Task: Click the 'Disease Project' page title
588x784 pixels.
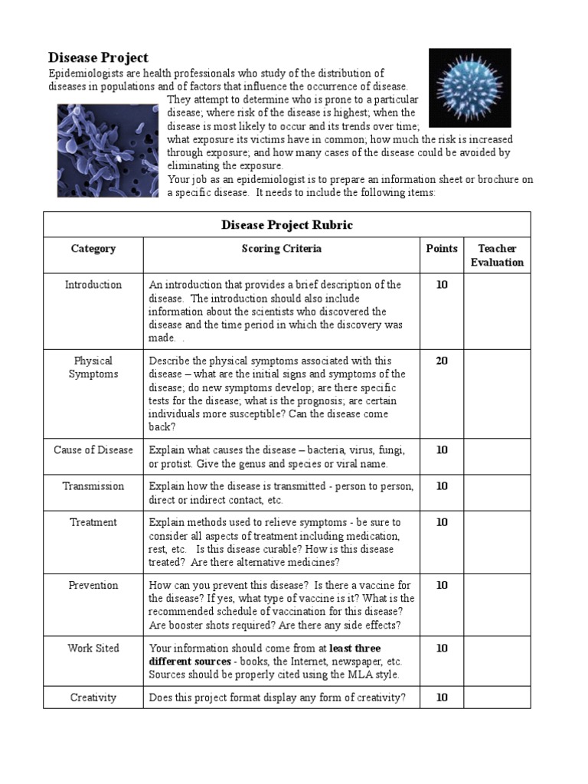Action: click(98, 58)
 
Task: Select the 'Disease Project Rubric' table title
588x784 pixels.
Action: click(286, 225)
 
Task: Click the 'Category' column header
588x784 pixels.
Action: click(93, 249)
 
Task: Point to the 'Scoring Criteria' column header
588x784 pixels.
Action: click(281, 249)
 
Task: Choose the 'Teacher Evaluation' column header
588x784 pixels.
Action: click(497, 256)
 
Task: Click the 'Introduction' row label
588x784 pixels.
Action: click(93, 285)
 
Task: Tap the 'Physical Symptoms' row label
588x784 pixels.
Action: click(93, 367)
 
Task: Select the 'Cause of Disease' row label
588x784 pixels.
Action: click(93, 450)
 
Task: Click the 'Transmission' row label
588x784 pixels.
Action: click(93, 486)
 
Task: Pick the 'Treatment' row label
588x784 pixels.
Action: click(93, 522)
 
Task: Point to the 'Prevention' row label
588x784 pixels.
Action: click(93, 586)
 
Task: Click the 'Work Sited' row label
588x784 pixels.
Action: click(93, 648)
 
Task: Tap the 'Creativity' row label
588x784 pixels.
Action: click(93, 697)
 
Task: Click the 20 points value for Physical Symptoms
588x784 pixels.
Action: click(442, 361)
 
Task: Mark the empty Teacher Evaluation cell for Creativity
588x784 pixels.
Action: click(497, 697)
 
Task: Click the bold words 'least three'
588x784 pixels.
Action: click(361, 648)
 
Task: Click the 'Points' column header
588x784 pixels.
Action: click(442, 249)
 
